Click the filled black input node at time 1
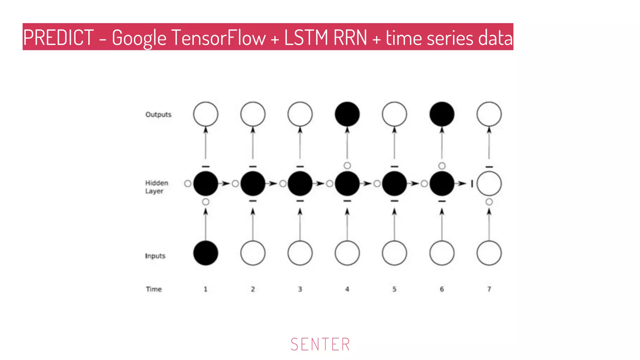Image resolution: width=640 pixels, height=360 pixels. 205,253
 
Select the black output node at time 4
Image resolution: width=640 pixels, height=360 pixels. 347,114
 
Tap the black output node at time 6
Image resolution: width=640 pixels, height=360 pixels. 442,114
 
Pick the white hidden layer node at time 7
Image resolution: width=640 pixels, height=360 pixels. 489,183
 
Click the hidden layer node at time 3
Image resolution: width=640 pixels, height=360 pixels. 300,183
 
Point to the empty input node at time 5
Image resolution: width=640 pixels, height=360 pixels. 394,253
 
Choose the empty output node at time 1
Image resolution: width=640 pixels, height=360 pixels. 205,114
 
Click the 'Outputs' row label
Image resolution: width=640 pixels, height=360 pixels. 158,114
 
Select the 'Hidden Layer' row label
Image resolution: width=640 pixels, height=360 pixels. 157,187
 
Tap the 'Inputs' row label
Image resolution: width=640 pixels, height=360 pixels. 155,256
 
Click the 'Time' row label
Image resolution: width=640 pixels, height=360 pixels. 153,289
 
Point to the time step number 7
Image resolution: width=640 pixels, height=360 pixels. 489,289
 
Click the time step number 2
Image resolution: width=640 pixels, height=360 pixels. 253,289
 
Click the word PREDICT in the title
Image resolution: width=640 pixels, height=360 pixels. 58,37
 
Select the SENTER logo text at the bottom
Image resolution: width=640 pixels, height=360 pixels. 320,344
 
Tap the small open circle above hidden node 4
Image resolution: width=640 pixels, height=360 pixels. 347,165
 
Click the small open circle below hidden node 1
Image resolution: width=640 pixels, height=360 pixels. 205,202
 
